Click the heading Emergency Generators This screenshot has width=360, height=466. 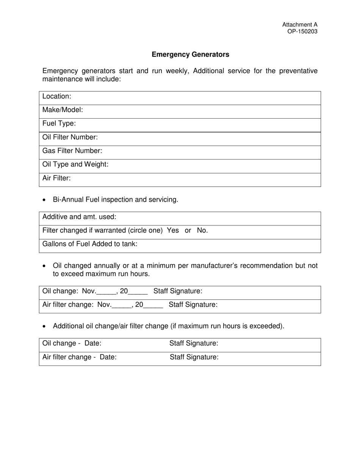coord(190,55)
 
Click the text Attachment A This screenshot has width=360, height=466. coord(300,25)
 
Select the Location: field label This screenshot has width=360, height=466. coord(57,97)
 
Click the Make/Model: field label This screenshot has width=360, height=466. coord(63,110)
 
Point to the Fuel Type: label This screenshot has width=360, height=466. coord(59,124)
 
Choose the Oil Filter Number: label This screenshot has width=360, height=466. coord(70,138)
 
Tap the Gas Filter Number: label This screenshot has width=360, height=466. coord(72,151)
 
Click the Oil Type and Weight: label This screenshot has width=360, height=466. coord(75,165)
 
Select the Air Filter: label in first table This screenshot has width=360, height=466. coord(56,178)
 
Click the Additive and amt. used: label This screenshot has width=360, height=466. coord(79,217)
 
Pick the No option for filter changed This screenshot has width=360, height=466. coord(202,231)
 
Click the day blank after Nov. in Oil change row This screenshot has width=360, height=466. coord(106,292)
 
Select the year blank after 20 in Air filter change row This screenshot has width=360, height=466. coord(153,305)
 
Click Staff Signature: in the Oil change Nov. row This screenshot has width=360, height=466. coord(178,291)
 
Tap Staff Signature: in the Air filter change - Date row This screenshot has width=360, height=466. coord(194,357)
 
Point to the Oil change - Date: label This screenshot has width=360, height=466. coord(72,344)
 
